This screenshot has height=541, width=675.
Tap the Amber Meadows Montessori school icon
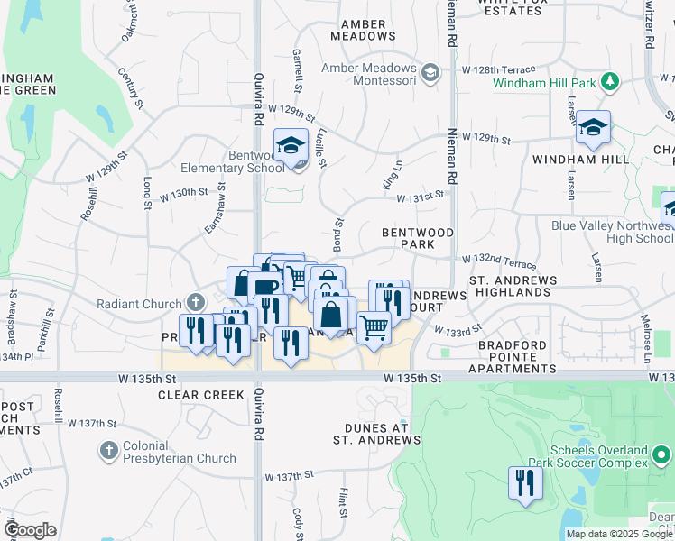430,71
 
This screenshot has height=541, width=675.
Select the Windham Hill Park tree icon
611,83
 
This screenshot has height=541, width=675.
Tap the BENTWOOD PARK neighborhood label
417,238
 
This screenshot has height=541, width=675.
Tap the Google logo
31,530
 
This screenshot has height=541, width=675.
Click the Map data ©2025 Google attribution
619,534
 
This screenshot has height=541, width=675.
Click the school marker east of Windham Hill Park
594,128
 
